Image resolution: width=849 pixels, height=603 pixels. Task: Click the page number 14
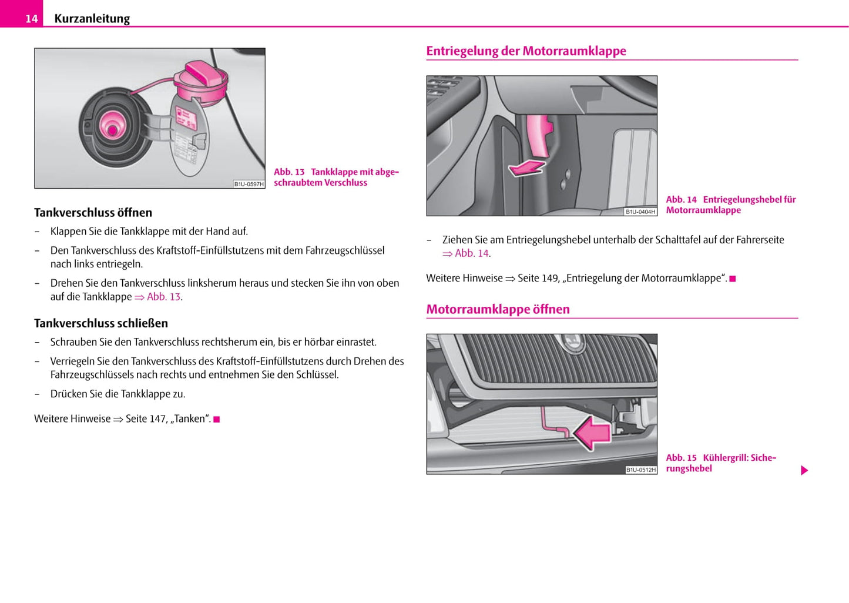point(31,19)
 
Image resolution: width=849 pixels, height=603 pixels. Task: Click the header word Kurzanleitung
point(92,19)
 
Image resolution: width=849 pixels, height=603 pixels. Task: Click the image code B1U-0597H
point(249,184)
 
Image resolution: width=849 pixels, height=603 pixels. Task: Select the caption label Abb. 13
point(289,172)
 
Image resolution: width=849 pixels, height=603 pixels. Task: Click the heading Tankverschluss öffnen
point(93,213)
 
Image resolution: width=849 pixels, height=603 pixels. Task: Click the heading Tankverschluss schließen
point(101,323)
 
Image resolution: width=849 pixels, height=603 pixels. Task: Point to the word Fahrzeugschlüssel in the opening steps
point(345,250)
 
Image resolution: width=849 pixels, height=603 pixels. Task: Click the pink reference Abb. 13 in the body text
point(163,297)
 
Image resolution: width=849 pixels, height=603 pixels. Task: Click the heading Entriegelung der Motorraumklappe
point(526,51)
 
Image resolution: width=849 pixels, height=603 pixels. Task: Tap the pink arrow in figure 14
point(527,168)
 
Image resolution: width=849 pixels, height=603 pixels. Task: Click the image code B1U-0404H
point(640,212)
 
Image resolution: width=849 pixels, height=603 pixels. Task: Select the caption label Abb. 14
point(681,200)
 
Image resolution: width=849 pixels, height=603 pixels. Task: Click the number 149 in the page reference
point(550,279)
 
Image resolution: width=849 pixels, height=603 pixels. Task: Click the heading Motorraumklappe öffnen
point(498,310)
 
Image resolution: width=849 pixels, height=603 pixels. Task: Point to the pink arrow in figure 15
point(592,433)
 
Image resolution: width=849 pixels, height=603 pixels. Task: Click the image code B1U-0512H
point(640,470)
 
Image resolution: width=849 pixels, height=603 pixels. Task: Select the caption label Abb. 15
point(681,458)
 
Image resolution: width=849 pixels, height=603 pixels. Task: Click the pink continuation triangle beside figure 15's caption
point(804,471)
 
